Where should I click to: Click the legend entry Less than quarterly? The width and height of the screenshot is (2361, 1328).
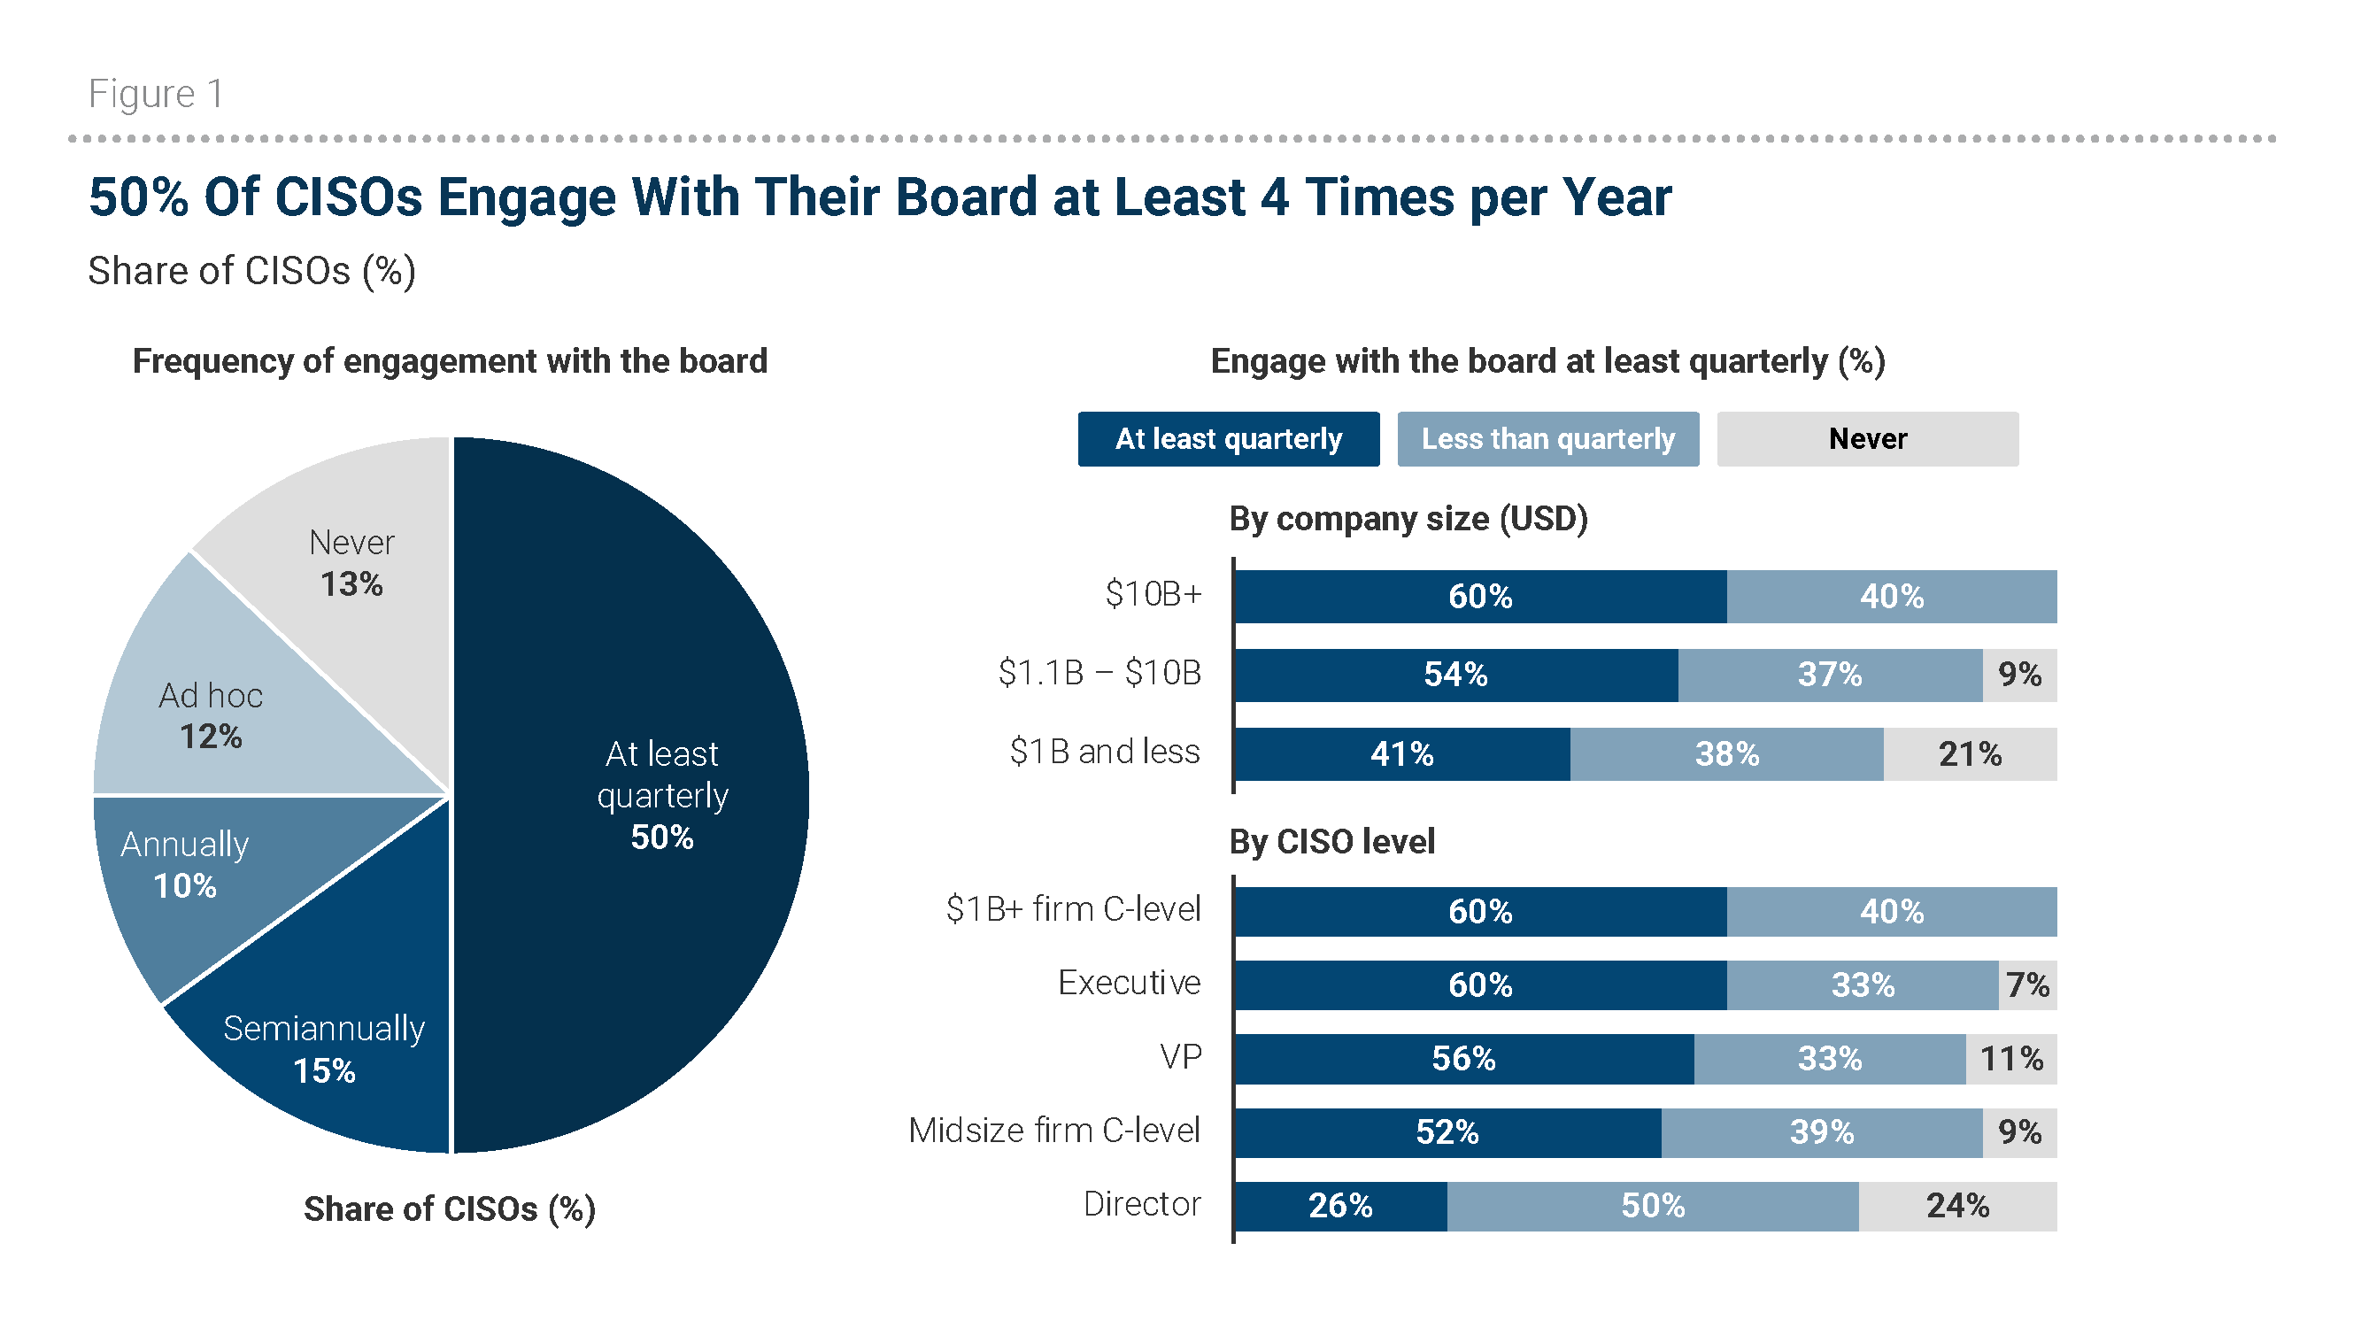(1547, 439)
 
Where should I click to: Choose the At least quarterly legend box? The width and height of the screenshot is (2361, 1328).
(1228, 439)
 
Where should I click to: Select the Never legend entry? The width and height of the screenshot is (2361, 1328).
(1866, 439)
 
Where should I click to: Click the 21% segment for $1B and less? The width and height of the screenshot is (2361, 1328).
(1969, 754)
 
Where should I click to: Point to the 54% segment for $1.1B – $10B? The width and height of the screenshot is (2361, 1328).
(1455, 676)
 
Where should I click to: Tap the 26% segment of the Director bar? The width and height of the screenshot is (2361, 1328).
(1340, 1205)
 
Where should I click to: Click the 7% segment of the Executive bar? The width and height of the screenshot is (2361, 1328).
(2026, 985)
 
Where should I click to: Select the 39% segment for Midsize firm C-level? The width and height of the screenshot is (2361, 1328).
(1821, 1131)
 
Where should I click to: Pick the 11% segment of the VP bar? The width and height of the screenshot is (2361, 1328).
(2011, 1059)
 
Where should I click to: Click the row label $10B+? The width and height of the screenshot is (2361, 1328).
(1152, 595)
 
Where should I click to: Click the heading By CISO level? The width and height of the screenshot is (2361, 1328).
(1331, 841)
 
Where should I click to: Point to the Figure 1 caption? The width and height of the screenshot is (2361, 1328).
(156, 94)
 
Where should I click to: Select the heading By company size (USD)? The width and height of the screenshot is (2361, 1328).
(1408, 519)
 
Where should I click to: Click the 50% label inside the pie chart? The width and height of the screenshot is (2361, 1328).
(662, 837)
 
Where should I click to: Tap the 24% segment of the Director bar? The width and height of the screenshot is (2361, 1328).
(1956, 1205)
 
